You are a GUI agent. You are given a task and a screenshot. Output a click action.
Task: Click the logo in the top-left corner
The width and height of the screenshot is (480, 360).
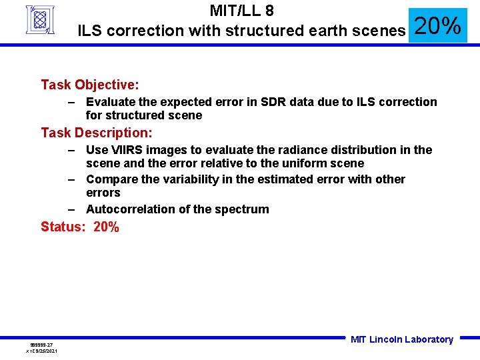40,19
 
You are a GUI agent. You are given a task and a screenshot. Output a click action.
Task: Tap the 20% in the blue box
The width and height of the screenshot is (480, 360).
438,26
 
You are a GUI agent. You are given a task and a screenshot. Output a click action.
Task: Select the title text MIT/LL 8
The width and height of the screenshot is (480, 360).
241,11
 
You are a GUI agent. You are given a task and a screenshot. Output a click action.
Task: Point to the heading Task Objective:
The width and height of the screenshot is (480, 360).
90,85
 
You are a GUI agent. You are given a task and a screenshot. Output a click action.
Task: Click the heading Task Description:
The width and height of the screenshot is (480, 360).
97,133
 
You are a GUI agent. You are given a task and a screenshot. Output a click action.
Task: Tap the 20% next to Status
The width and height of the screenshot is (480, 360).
107,227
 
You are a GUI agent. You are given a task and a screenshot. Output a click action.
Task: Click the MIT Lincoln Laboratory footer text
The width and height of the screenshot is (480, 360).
401,339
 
